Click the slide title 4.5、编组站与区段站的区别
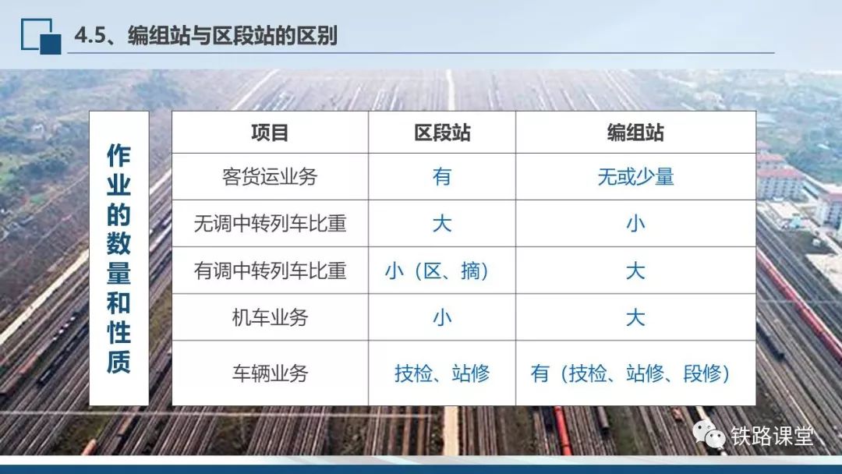tap(206, 35)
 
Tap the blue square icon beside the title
tap(41, 37)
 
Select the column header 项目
tap(270, 133)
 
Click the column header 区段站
tap(442, 133)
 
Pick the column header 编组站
tap(635, 133)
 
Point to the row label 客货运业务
tap(270, 177)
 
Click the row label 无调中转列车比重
tap(270, 223)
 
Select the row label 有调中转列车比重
tap(270, 271)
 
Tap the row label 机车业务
tap(270, 318)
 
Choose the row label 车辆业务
tap(270, 373)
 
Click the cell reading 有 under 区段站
tap(442, 177)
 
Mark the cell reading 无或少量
tap(635, 177)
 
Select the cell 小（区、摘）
tap(437, 271)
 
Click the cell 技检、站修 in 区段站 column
tap(442, 373)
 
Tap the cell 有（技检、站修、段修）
tap(631, 373)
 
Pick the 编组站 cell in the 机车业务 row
tap(635, 318)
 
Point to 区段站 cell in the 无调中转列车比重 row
tap(442, 223)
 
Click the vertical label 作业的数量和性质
tap(119, 258)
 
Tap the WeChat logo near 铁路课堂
tap(709, 433)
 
